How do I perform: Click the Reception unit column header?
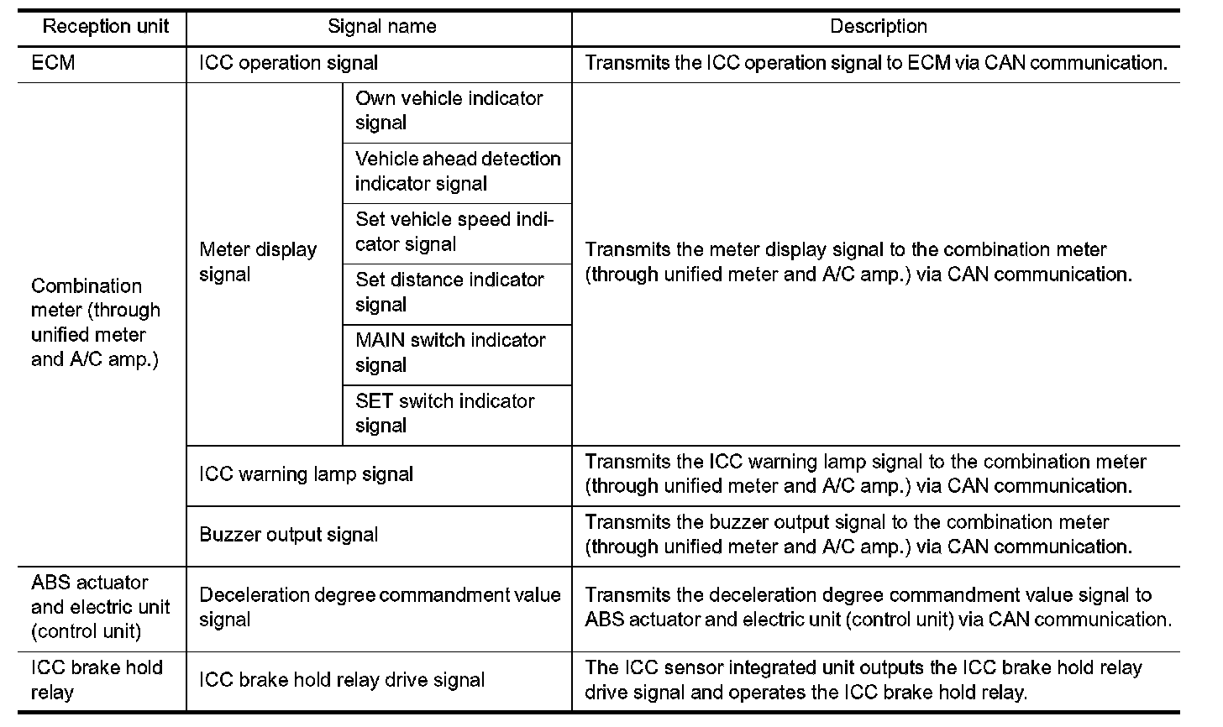(105, 27)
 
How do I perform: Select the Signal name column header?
(381, 27)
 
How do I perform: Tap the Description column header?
(878, 27)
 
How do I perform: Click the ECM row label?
(53, 63)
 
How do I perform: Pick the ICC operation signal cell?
(288, 63)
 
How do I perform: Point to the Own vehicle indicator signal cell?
(449, 111)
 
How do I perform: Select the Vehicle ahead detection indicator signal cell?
(457, 171)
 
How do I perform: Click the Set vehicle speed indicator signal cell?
(454, 232)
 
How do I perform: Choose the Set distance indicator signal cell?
(449, 292)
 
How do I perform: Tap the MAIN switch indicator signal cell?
(450, 353)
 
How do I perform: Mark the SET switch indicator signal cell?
(444, 413)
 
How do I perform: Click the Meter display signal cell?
(258, 262)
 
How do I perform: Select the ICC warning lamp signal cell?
(306, 474)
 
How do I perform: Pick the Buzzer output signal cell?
(288, 535)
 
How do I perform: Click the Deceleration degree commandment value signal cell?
(380, 607)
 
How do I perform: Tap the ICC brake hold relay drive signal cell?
(341, 680)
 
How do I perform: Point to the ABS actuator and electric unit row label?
(100, 607)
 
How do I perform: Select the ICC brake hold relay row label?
(97, 680)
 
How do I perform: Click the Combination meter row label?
(95, 322)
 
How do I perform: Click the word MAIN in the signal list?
(381, 341)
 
